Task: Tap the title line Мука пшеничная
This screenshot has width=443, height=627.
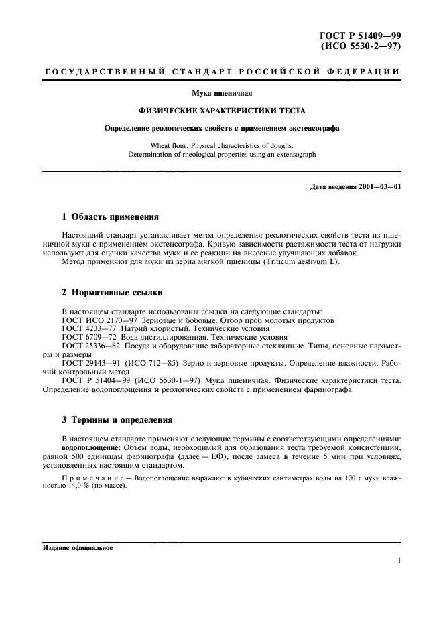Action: tap(221, 94)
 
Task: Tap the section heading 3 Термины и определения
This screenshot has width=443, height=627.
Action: tap(117, 420)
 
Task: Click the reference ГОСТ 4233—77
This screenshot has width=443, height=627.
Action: tap(86, 329)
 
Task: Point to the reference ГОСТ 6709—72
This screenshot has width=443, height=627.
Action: tap(86, 338)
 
